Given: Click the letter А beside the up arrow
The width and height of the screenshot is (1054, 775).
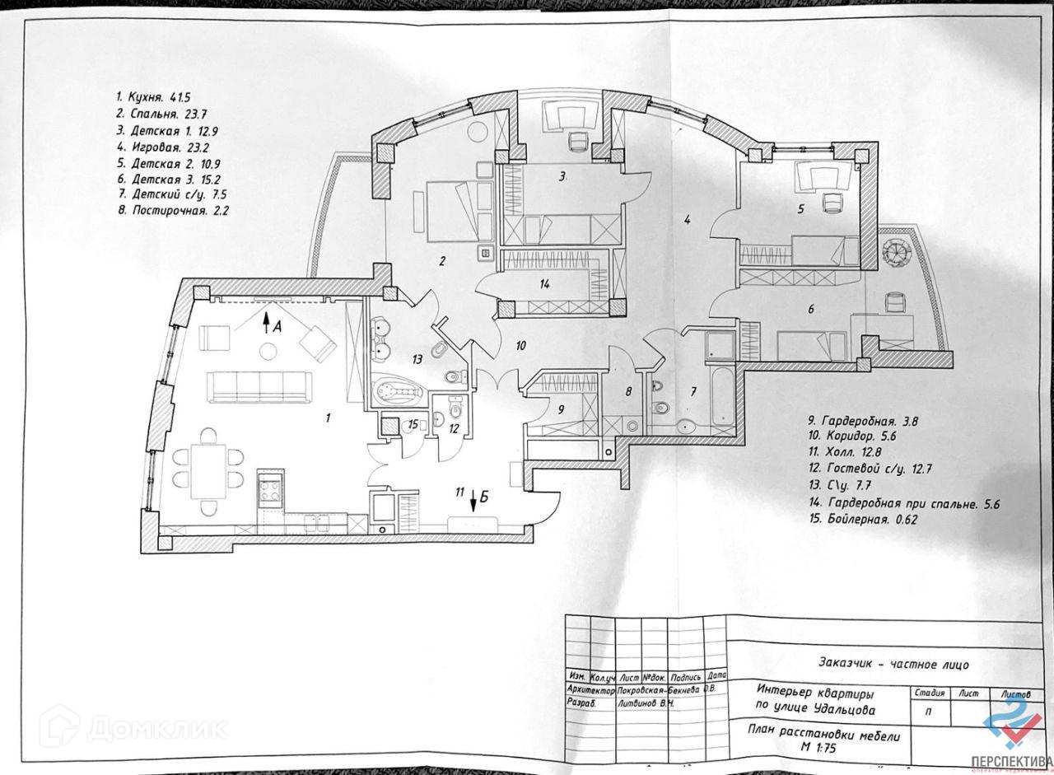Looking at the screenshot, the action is click(x=277, y=326).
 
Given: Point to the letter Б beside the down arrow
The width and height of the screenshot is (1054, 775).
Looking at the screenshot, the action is click(x=485, y=496).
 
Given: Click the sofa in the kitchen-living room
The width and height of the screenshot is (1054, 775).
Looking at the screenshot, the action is click(x=260, y=386).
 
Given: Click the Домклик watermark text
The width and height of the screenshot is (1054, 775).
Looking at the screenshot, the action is click(x=156, y=729).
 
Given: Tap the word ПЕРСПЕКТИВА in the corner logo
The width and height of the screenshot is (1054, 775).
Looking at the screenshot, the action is click(x=1018, y=759).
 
